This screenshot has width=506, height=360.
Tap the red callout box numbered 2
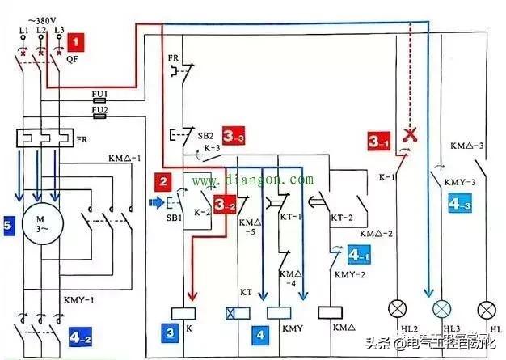(164, 181)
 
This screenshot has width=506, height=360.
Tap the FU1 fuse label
(100, 95)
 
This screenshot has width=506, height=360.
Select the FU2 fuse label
(100, 109)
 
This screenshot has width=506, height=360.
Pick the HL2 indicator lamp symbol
(397, 309)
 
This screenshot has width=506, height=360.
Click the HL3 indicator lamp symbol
(441, 309)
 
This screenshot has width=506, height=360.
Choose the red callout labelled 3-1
(377, 141)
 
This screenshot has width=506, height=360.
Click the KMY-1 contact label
(76, 300)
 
